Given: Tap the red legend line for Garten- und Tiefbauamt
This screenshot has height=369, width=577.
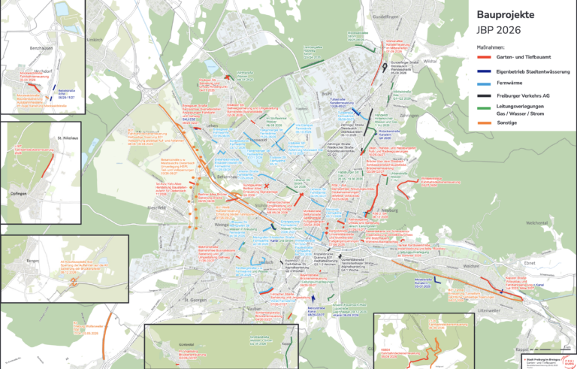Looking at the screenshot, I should point(485,59).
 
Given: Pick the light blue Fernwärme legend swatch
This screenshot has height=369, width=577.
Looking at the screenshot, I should point(485,83).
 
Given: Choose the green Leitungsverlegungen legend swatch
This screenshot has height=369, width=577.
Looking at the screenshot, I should point(485,109).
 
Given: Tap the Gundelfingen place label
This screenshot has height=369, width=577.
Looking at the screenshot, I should point(388,15).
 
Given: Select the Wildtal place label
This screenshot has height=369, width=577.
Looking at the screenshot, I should point(430,61).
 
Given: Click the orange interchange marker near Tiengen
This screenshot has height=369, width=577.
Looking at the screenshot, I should point(73,283).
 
